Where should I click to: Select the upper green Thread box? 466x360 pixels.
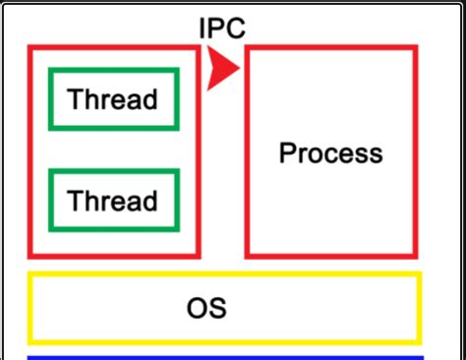click(113, 99)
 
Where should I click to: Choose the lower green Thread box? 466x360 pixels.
click(113, 201)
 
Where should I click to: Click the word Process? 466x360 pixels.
click(330, 153)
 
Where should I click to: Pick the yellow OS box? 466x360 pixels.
click(224, 307)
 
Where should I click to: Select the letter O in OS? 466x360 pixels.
click(198, 308)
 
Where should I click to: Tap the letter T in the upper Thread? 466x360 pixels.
click(75, 99)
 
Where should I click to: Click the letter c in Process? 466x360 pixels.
click(328, 154)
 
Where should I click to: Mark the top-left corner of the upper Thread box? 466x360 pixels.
click(50, 70)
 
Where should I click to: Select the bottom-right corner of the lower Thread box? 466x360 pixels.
click(178, 230)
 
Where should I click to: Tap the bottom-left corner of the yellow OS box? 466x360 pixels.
click(29, 340)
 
